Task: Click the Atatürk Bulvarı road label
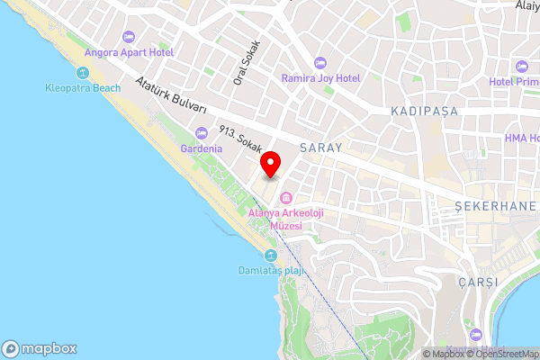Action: (x=171, y=94)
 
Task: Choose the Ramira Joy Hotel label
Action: (x=320, y=78)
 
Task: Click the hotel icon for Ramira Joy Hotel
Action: (x=321, y=63)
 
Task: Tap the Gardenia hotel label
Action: (x=201, y=148)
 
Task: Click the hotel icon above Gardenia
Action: (x=201, y=133)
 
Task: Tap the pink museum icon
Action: (x=287, y=197)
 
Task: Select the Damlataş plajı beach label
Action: (x=271, y=271)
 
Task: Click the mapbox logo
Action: (x=39, y=348)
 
